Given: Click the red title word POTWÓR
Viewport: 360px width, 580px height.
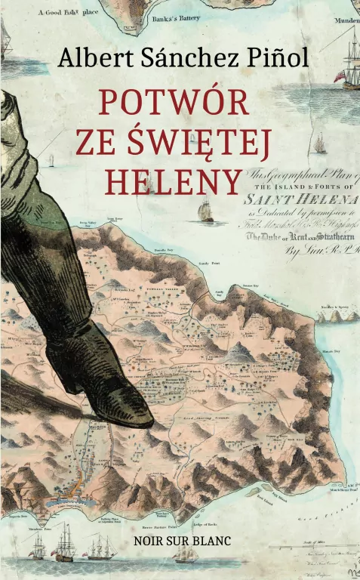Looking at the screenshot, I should click(174, 102).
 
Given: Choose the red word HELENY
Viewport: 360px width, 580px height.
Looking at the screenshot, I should click(174, 180).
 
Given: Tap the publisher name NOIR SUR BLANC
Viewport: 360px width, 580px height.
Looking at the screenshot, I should click(180, 541).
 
